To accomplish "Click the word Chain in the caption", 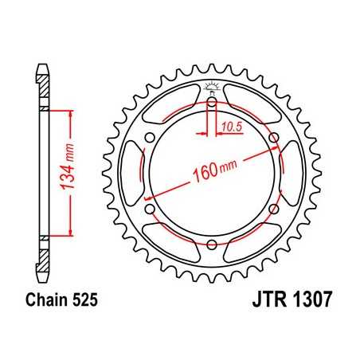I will click(49, 301).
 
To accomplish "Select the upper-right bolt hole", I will click(274, 138).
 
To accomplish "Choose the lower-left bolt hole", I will click(150, 209).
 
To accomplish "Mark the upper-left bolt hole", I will click(150, 138).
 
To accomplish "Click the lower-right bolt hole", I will click(274, 209).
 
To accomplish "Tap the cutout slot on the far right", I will click(295, 174).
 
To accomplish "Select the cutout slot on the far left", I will click(128, 174).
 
